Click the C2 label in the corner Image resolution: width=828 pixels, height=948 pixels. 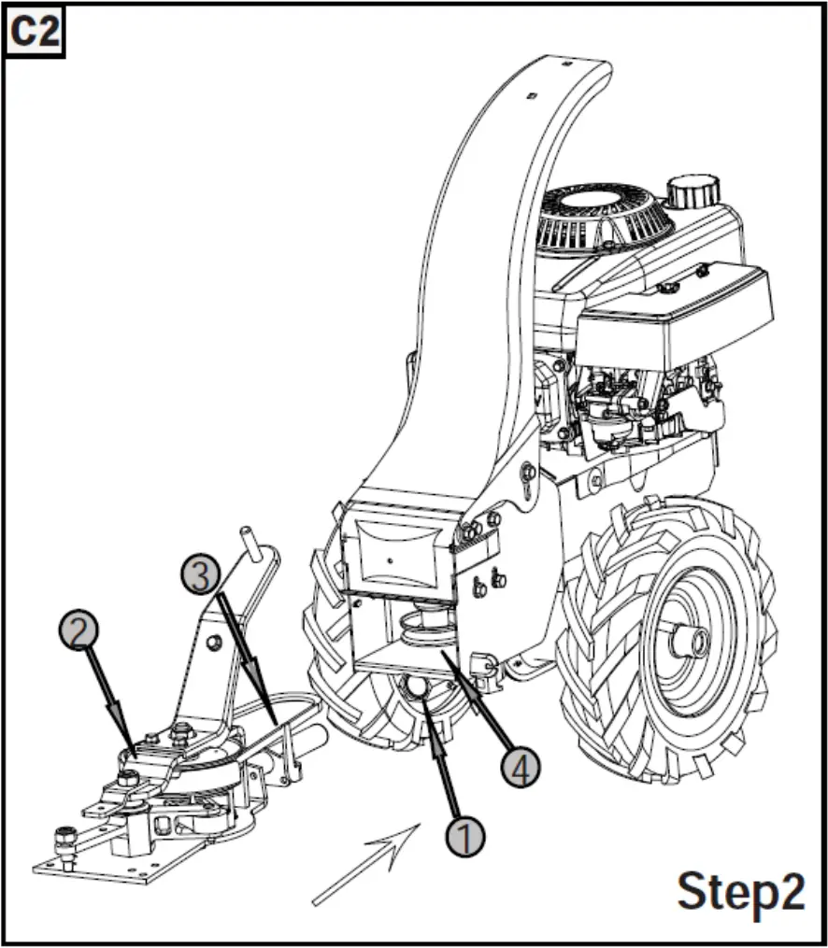[35, 33]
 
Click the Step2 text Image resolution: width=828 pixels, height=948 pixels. [740, 891]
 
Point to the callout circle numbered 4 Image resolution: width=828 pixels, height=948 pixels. [521, 767]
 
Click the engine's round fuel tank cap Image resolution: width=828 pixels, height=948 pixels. [691, 194]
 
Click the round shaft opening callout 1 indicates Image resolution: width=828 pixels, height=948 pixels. [415, 689]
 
